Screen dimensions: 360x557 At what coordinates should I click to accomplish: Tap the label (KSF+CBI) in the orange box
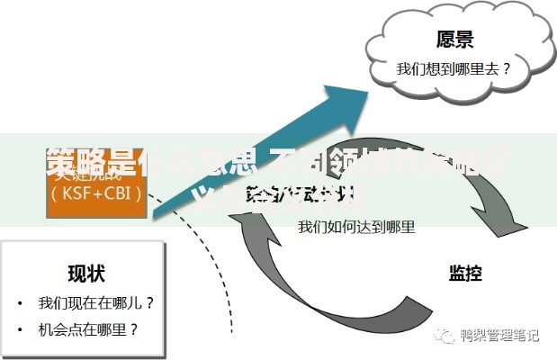[96, 192]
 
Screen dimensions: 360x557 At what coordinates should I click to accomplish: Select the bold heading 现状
[87, 273]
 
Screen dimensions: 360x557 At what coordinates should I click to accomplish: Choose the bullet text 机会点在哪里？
[88, 329]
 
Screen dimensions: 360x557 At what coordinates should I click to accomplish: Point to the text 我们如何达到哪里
[356, 227]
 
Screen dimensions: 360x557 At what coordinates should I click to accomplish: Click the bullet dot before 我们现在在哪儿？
[20, 303]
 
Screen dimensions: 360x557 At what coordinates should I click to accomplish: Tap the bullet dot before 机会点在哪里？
[20, 329]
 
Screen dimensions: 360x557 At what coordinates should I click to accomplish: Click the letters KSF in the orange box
[77, 192]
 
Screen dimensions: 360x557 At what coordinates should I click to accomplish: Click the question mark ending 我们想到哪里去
[507, 67]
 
